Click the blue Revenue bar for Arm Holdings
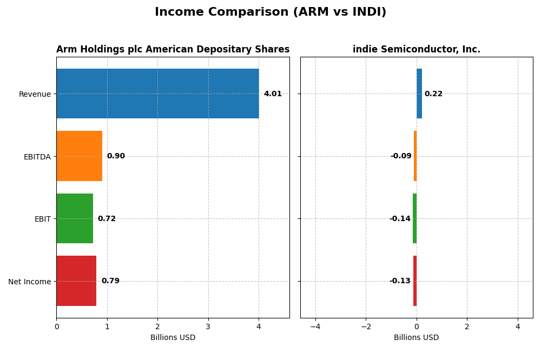(x=157, y=94)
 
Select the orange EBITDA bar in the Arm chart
(x=79, y=156)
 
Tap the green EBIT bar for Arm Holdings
(x=75, y=218)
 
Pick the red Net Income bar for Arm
(x=76, y=281)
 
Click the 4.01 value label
(x=273, y=94)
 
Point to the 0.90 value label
(x=116, y=156)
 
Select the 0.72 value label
(x=107, y=219)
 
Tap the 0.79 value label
(x=110, y=281)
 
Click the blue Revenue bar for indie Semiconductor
(x=419, y=94)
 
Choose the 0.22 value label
(x=433, y=94)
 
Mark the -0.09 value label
(x=401, y=156)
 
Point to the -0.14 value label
(x=400, y=219)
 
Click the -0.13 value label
(x=400, y=281)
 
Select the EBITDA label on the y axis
(x=37, y=157)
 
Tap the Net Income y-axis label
(x=30, y=282)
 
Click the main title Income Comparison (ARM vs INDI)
(x=270, y=12)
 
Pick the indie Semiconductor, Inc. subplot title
(x=417, y=50)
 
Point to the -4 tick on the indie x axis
(x=315, y=326)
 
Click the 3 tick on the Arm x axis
(x=208, y=326)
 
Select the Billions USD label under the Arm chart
(x=173, y=338)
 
